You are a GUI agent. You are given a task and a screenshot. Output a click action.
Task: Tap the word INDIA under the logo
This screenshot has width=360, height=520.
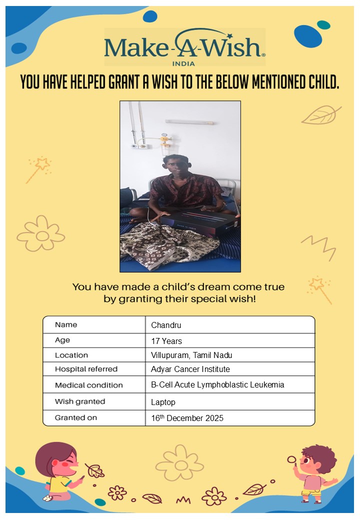coord(183,63)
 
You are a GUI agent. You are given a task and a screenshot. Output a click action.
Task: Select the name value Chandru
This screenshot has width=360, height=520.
coord(166,325)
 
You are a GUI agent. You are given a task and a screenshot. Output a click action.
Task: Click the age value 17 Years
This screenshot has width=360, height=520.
coord(166,341)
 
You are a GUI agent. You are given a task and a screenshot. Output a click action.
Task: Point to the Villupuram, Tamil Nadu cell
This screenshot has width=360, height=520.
coord(191,355)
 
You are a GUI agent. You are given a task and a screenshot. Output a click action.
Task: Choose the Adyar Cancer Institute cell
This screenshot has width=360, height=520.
coord(190,369)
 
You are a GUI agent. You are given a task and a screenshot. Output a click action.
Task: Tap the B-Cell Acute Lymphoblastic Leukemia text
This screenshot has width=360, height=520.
coord(217,385)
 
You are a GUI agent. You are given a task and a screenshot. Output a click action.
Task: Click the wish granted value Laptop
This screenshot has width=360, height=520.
coord(163,402)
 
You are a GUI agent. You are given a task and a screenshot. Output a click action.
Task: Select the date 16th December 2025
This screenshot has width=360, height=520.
coord(187,418)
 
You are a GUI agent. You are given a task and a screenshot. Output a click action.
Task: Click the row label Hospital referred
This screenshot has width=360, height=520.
coord(86,369)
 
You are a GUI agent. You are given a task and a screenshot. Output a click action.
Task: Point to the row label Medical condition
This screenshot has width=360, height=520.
coord(88,385)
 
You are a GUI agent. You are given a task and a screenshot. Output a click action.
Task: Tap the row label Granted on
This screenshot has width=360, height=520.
coord(76,417)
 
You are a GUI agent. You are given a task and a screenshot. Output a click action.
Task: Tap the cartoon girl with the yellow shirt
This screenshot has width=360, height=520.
coord(59,472)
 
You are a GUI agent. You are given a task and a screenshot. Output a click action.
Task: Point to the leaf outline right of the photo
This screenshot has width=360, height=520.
coord(320,115)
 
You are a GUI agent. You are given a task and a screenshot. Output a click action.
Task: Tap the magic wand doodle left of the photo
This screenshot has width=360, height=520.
coord(38,168)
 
